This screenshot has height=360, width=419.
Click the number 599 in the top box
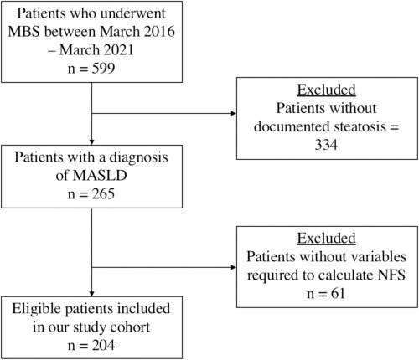click(103, 69)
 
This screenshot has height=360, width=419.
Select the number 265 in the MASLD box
click(103, 194)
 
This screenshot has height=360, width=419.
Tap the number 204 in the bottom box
click(103, 346)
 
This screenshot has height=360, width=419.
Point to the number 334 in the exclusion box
click(326, 145)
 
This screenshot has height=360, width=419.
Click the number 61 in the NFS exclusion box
click(338, 294)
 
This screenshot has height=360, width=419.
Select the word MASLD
click(100, 176)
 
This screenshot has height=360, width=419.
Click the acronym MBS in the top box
click(24, 32)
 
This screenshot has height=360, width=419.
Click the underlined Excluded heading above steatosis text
click(326, 90)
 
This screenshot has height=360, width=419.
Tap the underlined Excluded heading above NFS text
click(326, 239)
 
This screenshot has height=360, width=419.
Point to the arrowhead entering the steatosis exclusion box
click(234, 113)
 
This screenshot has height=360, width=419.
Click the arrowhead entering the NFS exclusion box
click(234, 267)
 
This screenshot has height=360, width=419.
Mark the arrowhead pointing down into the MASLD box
click(91, 142)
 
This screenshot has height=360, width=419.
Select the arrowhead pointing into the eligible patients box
click(91, 294)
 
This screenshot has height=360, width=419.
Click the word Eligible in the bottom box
click(37, 309)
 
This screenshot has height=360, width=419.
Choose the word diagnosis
click(138, 157)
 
